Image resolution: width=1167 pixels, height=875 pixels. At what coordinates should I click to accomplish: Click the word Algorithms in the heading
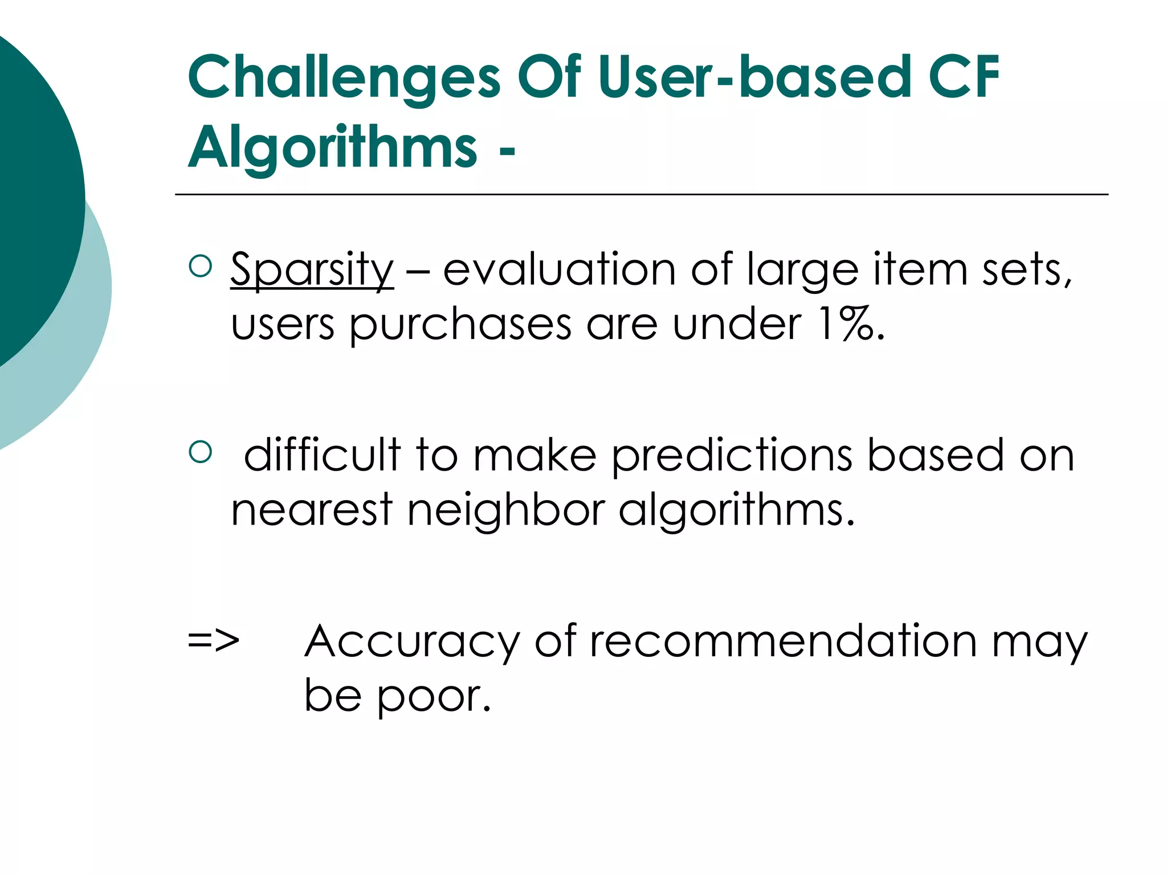point(332,148)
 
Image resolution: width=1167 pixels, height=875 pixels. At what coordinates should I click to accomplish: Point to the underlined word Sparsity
point(312,269)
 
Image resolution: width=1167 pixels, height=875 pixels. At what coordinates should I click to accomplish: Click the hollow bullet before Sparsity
point(200,266)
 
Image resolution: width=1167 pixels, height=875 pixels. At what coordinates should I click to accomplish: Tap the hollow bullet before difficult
point(200,452)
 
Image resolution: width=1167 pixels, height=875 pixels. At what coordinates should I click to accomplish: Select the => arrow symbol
point(214,640)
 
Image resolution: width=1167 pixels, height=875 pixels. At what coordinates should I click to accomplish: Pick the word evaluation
point(559,269)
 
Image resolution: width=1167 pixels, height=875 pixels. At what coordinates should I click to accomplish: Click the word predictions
point(732,456)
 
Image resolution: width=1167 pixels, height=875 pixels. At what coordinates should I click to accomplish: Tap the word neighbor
point(506,510)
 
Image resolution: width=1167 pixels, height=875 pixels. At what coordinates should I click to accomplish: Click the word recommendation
point(783,641)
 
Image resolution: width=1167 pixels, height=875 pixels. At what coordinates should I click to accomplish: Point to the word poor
point(433,696)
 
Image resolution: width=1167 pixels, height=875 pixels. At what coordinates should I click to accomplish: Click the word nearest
point(312,510)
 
